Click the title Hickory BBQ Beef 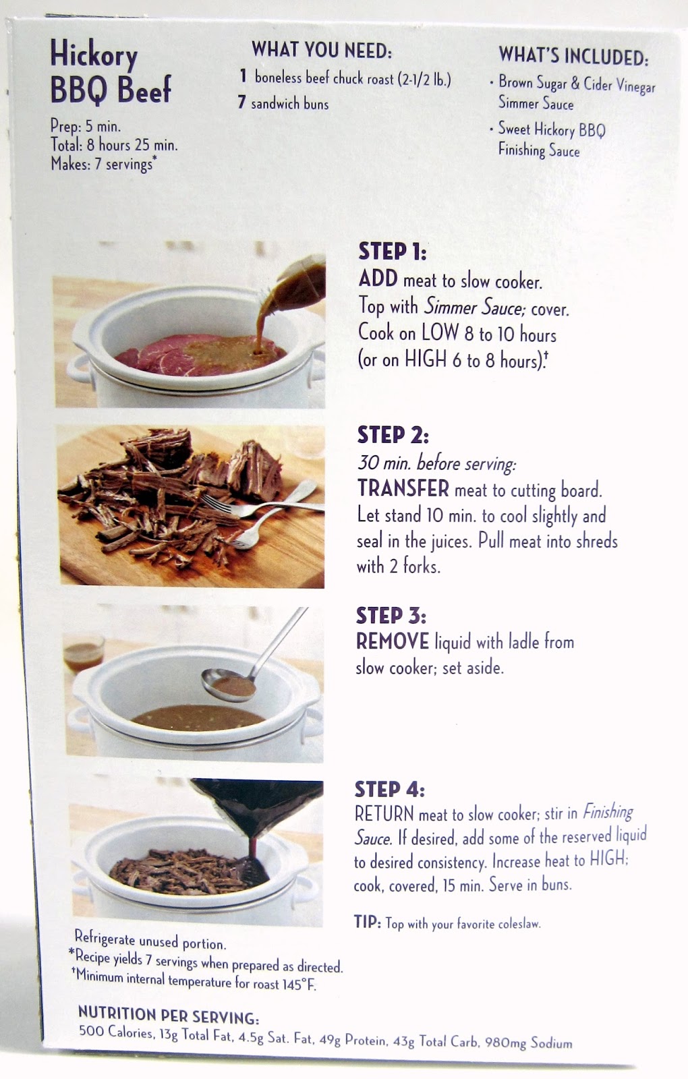click(x=111, y=71)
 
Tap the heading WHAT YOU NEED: click(x=322, y=50)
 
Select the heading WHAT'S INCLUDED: click(x=574, y=56)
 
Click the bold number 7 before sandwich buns click(x=241, y=102)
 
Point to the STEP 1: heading click(x=392, y=252)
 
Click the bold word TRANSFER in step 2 click(x=403, y=488)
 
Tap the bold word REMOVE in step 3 click(x=392, y=641)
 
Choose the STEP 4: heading click(x=389, y=789)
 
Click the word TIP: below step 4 click(x=368, y=921)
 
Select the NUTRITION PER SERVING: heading click(x=169, y=1015)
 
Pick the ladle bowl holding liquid click(x=229, y=684)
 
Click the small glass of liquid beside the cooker click(x=84, y=653)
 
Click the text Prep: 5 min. click(x=86, y=126)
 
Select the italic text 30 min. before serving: click(x=436, y=463)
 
